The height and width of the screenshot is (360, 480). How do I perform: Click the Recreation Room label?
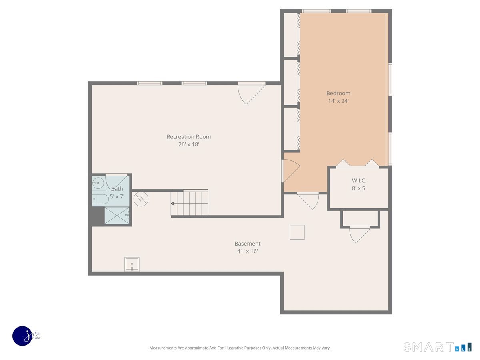click(x=189, y=137)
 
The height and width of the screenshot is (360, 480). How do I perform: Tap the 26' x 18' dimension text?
click(x=189, y=144)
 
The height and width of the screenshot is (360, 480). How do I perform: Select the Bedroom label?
click(x=338, y=93)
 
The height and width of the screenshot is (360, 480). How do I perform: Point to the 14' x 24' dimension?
click(x=338, y=101)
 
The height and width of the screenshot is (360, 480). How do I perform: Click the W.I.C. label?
click(x=359, y=180)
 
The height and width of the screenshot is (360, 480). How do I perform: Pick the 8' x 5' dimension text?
click(x=359, y=188)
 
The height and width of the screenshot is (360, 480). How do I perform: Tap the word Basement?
click(x=248, y=244)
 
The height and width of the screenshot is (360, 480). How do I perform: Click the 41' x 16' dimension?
click(x=248, y=251)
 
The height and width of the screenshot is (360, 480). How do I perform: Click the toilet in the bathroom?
click(x=100, y=199)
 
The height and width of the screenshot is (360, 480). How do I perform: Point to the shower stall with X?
click(x=117, y=216)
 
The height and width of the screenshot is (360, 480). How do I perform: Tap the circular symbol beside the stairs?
click(x=141, y=199)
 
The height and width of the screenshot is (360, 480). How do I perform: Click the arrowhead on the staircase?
click(x=172, y=204)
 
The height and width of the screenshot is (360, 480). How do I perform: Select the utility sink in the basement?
click(x=132, y=264)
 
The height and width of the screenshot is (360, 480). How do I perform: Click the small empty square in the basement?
click(x=297, y=232)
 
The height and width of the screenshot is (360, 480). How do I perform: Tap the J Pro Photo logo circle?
click(x=22, y=336)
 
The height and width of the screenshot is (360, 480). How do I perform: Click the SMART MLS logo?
click(x=437, y=347)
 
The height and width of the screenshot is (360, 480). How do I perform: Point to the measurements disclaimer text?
click(x=240, y=348)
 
